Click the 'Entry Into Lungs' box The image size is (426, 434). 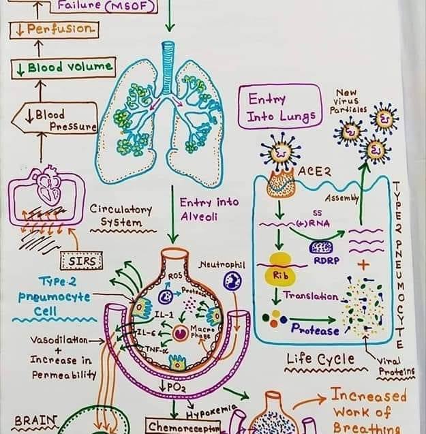tap(279, 108)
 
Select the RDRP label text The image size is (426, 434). tap(323, 260)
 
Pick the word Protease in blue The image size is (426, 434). tap(315, 330)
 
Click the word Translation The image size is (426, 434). tap(310, 296)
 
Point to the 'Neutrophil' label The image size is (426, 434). tap(222, 264)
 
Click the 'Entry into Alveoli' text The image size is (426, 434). tap(199, 209)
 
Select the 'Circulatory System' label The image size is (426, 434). tap(120, 216)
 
